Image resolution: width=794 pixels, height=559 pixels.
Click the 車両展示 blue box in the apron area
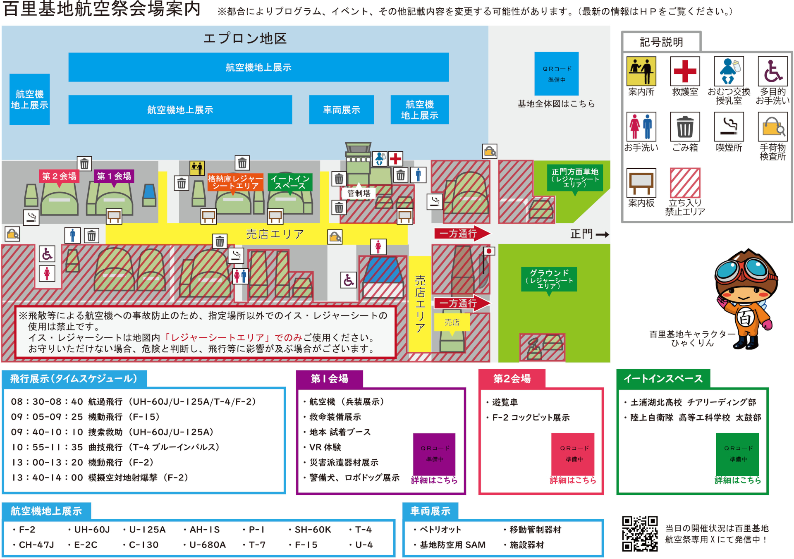341,110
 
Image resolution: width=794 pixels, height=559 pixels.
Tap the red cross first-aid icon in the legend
685,71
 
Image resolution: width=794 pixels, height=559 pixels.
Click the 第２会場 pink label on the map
59,176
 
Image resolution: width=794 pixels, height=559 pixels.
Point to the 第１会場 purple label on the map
114,176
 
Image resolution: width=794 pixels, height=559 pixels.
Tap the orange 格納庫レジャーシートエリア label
235,182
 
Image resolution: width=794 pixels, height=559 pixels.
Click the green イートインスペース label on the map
290,182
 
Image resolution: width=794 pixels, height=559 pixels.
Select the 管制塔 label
359,193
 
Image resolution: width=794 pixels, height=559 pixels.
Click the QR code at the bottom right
640,533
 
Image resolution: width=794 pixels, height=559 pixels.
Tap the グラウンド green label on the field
549,279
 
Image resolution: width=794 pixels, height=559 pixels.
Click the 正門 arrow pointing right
602,234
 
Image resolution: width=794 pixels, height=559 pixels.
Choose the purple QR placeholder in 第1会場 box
434,454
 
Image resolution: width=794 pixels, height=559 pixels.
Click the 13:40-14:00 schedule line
100,478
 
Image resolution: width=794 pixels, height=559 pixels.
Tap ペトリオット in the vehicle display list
440,530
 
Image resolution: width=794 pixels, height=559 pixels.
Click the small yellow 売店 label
452,322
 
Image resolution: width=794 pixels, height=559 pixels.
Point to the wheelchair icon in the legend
772,71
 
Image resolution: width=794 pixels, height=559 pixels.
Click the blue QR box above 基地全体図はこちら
556,74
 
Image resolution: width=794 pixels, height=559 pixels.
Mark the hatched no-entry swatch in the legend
685,183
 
